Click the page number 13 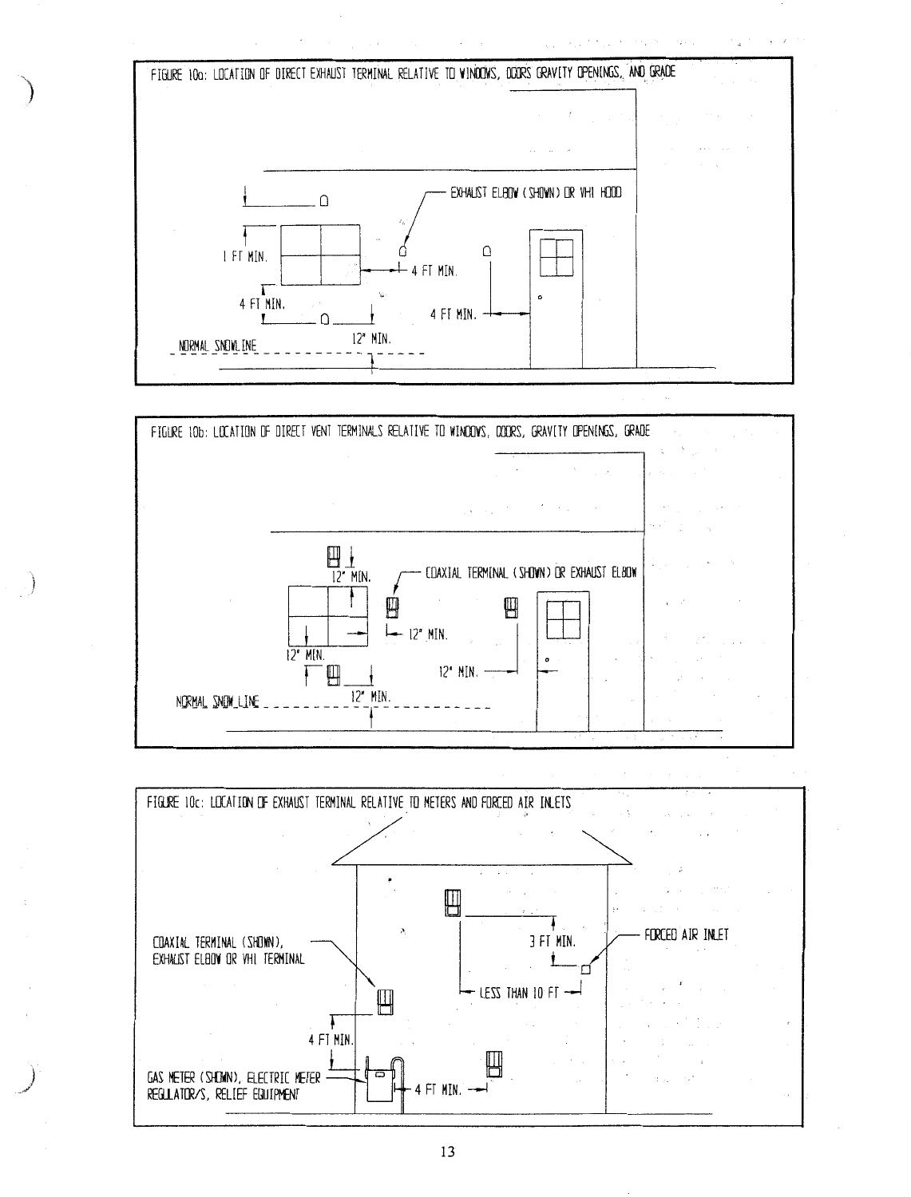(x=447, y=1152)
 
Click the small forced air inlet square (x=585, y=970)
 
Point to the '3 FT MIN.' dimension (x=553, y=942)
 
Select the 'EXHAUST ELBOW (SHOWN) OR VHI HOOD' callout (x=536, y=192)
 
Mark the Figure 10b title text (x=400, y=432)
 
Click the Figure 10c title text (x=359, y=802)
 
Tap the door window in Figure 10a (x=557, y=258)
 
